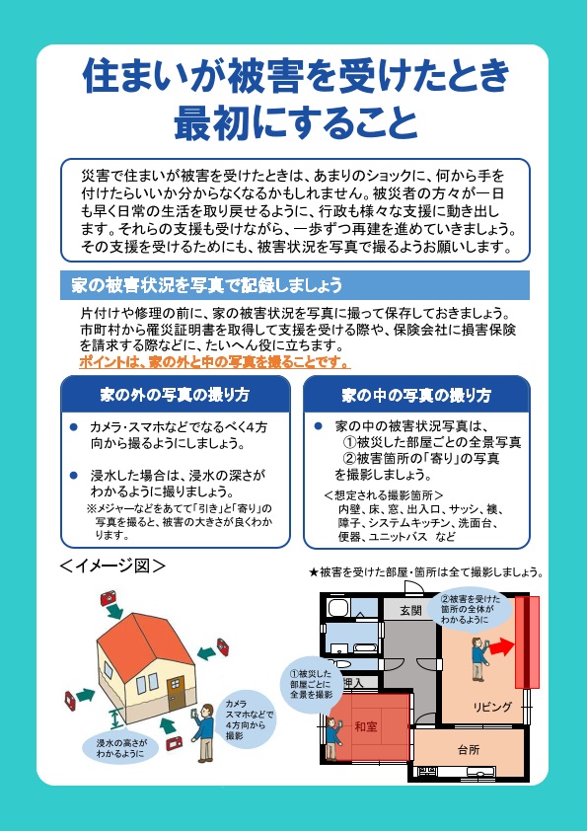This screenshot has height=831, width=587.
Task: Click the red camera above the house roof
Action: (109, 598)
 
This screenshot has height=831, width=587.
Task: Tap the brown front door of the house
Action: (177, 692)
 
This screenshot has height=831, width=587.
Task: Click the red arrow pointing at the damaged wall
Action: (501, 647)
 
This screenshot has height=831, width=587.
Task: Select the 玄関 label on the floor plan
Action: (410, 611)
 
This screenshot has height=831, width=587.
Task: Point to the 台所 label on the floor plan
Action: (469, 749)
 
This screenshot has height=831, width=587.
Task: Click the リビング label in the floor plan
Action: (492, 707)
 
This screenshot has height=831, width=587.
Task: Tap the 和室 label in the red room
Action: (366, 726)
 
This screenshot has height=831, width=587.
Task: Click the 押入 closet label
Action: (353, 683)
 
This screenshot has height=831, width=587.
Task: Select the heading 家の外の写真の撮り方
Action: (175, 395)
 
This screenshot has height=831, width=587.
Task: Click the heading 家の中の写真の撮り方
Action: (416, 395)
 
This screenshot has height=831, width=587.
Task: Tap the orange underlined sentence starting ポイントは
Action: (214, 362)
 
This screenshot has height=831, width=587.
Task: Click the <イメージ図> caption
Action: (112, 567)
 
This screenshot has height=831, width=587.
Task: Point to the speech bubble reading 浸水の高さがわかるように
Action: (121, 748)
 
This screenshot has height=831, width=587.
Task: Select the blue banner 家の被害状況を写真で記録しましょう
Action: (295, 285)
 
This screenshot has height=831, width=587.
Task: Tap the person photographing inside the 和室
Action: (332, 737)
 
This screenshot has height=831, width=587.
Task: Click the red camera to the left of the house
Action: (70, 700)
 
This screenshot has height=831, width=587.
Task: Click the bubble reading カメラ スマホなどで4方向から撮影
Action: (246, 719)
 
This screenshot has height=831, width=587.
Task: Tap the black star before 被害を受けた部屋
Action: (313, 572)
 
